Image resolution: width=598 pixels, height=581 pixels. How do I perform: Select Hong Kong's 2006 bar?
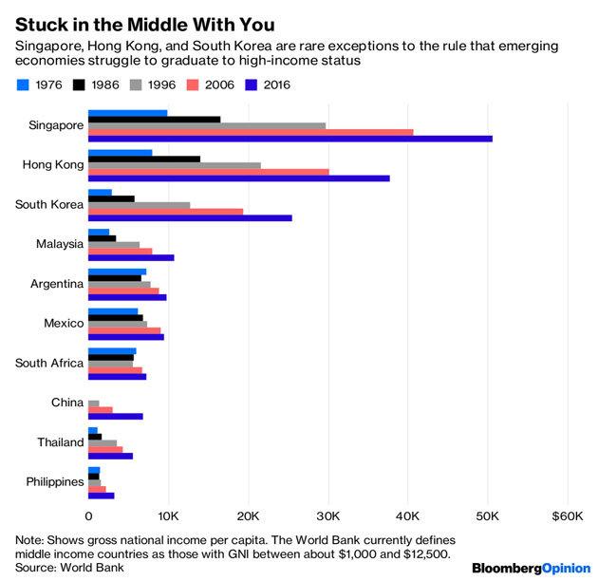208,172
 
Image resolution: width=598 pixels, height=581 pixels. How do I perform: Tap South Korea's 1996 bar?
139,205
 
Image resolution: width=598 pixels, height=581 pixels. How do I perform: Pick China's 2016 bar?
115,416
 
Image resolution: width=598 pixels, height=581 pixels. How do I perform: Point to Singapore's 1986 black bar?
154,120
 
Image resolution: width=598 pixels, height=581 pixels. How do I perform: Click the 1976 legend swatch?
23,84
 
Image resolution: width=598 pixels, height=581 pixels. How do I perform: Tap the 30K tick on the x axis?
328,516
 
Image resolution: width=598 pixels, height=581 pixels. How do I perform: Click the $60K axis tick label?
567,516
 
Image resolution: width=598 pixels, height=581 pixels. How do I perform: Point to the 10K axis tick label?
168,516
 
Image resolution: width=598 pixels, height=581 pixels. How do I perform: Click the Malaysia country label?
59,244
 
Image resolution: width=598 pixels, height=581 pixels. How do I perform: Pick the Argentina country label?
56,284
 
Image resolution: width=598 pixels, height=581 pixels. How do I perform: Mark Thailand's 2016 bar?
110,456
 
